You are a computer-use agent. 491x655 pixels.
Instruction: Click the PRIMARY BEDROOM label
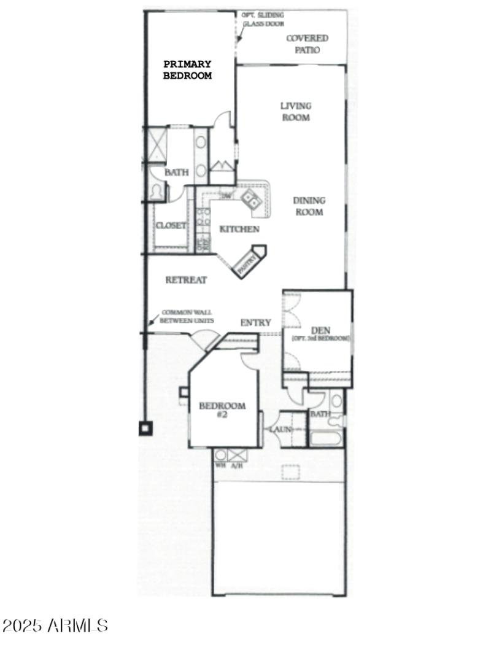pyautogui.click(x=187, y=70)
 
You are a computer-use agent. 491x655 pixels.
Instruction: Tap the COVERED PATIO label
pyautogui.click(x=307, y=44)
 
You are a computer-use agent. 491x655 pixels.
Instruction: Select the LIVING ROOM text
pyautogui.click(x=296, y=111)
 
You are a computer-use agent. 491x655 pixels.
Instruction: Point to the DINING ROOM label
pyautogui.click(x=309, y=206)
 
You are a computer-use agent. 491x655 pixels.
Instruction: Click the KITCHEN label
pyautogui.click(x=239, y=229)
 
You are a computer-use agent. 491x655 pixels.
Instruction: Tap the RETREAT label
pyautogui.click(x=186, y=280)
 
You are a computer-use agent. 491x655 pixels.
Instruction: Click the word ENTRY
pyautogui.click(x=255, y=322)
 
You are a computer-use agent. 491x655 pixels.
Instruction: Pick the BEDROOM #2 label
pyautogui.click(x=222, y=410)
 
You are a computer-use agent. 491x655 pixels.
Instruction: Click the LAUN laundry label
pyautogui.click(x=280, y=429)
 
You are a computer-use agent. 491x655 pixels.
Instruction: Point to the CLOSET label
pyautogui.click(x=171, y=225)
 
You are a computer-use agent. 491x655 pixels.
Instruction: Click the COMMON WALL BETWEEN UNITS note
pyautogui.click(x=187, y=316)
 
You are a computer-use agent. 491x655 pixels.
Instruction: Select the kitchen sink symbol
pyautogui.click(x=249, y=198)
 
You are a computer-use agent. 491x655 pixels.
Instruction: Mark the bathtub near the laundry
pyautogui.click(x=326, y=438)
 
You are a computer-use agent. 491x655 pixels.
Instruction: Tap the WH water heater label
pyautogui.click(x=220, y=465)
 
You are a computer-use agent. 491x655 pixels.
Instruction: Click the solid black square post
pyautogui.click(x=145, y=428)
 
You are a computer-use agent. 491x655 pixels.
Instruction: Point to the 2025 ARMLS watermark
pyautogui.click(x=55, y=626)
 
